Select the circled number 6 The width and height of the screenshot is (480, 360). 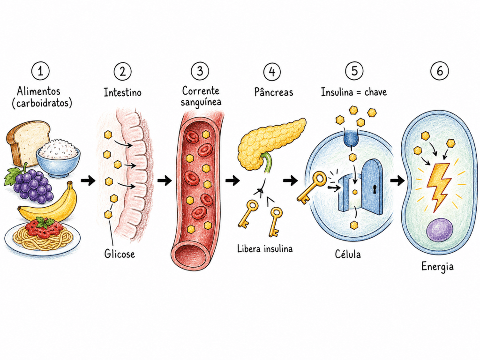point(439,71)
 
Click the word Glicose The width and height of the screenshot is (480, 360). point(120,254)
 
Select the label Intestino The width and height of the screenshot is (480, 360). point(122,92)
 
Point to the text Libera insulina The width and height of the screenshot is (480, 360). point(265,248)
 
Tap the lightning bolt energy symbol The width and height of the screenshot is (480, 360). point(438,185)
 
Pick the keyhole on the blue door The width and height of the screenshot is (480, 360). point(375,189)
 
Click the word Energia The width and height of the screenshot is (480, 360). point(437,267)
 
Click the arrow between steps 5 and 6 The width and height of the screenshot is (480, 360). point(397,180)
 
